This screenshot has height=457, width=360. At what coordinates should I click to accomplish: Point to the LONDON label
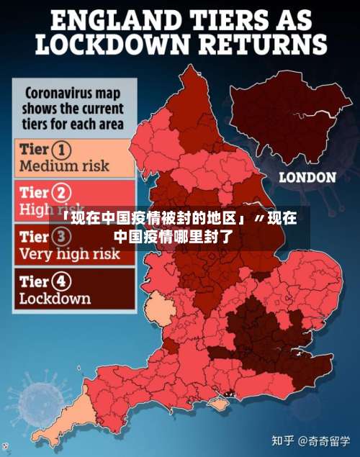pos(307,177)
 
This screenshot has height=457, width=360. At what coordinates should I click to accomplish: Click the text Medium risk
pos(64,166)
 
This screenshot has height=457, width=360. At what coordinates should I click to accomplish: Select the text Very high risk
pos(69,253)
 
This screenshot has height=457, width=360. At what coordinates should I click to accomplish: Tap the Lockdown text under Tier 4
pos(55,298)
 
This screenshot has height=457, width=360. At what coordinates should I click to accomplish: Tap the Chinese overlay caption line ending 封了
pos(173,235)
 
